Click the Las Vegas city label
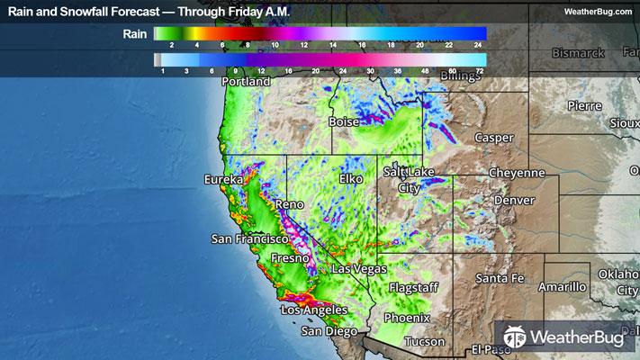click(359, 269)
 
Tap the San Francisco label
click(248, 239)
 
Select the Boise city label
click(344, 121)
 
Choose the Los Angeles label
click(314, 310)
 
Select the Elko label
click(350, 179)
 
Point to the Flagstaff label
click(414, 288)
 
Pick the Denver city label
click(513, 199)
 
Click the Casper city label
click(494, 139)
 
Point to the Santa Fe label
click(499, 277)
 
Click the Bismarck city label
click(578, 53)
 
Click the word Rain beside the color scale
click(136, 34)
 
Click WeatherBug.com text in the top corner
click(597, 11)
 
